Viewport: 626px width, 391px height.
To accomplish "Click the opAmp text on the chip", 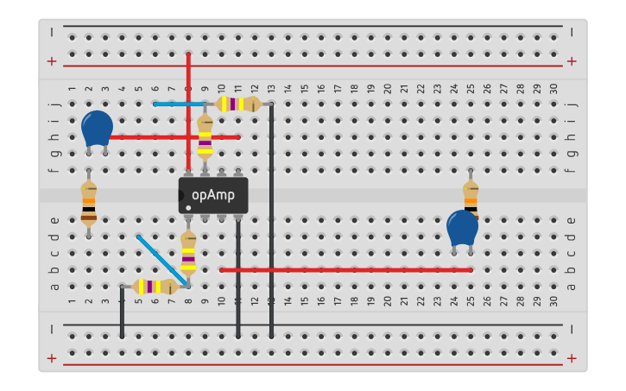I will click(x=213, y=195).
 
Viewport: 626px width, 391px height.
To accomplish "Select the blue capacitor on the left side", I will click(x=97, y=128).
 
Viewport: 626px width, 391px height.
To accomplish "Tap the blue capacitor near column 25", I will click(x=462, y=229).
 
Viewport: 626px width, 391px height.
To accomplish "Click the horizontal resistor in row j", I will click(x=237, y=104).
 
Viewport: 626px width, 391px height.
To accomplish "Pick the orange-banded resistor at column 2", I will click(x=88, y=203).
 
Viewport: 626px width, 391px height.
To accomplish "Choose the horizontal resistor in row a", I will click(x=155, y=287).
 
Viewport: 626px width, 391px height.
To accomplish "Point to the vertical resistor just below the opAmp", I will click(x=188, y=252).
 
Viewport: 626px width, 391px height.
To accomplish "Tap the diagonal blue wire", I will click(x=162, y=260).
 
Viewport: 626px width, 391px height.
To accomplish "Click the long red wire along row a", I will click(x=345, y=270).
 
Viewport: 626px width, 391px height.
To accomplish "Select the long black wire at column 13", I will click(x=271, y=216).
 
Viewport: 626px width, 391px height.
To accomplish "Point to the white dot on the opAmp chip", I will click(x=188, y=207).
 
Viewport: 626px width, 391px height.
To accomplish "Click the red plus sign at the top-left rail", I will click(x=52, y=61).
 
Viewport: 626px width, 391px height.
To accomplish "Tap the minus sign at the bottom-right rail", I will click(x=572, y=328).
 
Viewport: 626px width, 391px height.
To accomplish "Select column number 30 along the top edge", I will click(x=553, y=89).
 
